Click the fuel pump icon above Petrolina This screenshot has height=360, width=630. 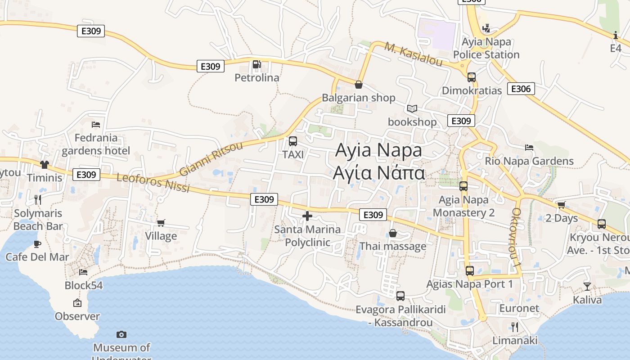tap(256, 64)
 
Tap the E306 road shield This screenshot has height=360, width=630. tap(521, 89)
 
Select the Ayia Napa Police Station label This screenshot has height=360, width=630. tap(486, 48)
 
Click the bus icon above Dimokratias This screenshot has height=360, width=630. tap(471, 77)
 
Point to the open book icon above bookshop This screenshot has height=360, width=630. tap(412, 108)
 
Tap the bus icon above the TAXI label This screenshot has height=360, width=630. tap(292, 141)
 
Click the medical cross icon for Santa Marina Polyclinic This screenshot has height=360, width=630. tap(307, 216)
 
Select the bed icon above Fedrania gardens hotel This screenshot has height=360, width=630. tap(95, 125)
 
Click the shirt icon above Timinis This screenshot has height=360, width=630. tap(44, 165)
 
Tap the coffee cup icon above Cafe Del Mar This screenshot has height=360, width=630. tap(37, 244)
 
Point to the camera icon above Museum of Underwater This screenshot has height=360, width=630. tap(121, 334)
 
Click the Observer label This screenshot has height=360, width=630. tap(77, 316)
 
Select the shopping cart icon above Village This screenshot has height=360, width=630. tap(161, 223)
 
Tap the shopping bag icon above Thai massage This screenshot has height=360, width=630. tap(392, 233)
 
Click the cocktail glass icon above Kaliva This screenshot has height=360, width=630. tap(587, 286)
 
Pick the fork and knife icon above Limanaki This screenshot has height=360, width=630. tap(515, 327)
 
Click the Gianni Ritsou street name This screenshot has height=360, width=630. tap(211, 159)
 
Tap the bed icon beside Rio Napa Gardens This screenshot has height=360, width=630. tap(529, 147)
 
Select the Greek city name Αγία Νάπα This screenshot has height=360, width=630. tap(379, 173)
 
